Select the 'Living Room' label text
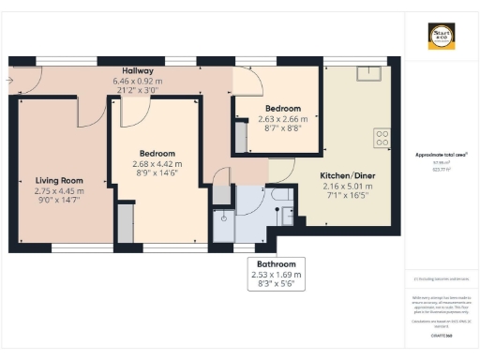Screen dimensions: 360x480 coord(60,181)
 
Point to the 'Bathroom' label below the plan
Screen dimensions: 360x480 coord(282,264)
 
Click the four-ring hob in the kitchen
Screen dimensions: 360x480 coord(382,138)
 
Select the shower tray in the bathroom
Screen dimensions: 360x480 coord(224,217)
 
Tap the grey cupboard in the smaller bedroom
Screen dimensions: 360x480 coord(241,139)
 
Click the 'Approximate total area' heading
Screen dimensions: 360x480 coord(441,155)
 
